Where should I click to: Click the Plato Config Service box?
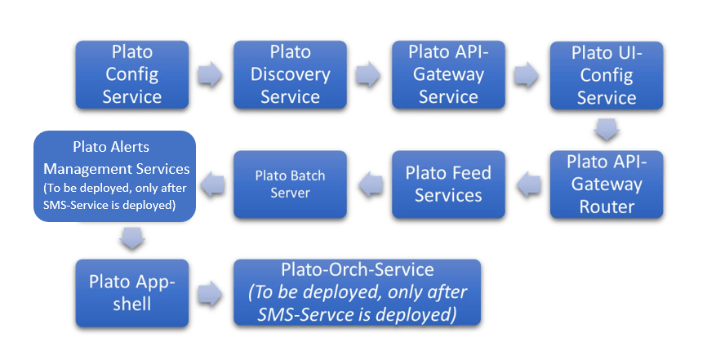132,75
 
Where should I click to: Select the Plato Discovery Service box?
290,75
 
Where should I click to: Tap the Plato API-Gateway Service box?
448,75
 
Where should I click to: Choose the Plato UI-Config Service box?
607,75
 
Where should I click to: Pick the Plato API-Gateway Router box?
607,184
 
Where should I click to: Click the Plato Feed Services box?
448,184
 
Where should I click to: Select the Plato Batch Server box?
290,184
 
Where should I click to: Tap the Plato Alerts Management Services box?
114,176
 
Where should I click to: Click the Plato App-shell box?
132,293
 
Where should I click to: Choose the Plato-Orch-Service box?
357,292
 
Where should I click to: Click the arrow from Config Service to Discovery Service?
210,74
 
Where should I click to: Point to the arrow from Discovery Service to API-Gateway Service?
368,74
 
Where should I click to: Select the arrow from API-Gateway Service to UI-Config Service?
527,74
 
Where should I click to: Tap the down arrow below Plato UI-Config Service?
607,130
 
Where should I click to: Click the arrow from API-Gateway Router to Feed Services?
528,184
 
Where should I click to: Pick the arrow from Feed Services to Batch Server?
371,184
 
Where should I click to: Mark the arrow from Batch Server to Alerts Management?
212,184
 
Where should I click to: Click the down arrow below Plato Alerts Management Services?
132,238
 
